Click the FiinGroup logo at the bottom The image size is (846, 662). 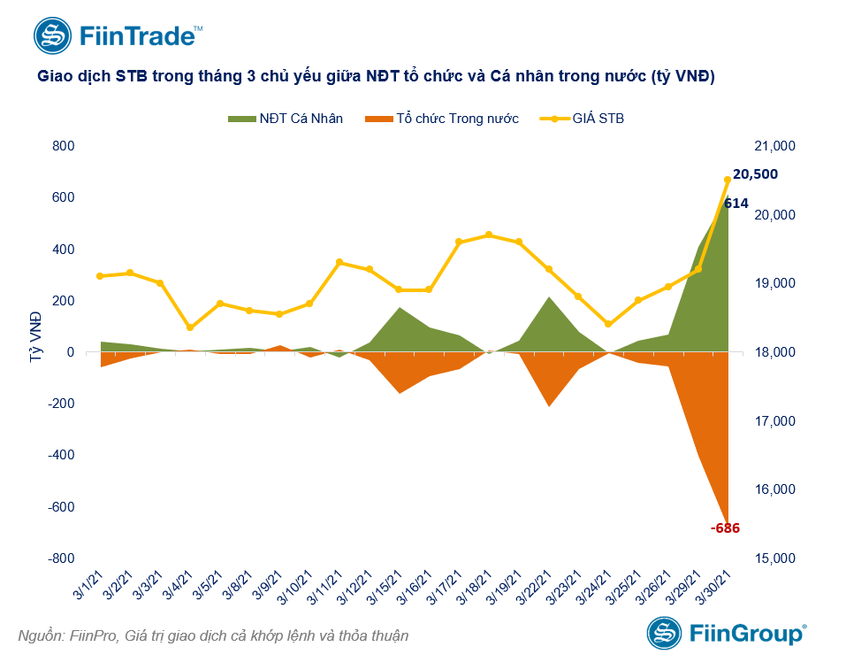(x=726, y=634)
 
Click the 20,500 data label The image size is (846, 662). (x=755, y=174)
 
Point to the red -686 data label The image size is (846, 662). (x=724, y=528)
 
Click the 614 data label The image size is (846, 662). (x=736, y=204)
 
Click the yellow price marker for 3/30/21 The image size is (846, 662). (x=728, y=180)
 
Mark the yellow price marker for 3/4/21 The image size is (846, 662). (x=190, y=327)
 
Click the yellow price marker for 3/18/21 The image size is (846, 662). (x=489, y=235)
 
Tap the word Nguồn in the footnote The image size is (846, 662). (x=40, y=635)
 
